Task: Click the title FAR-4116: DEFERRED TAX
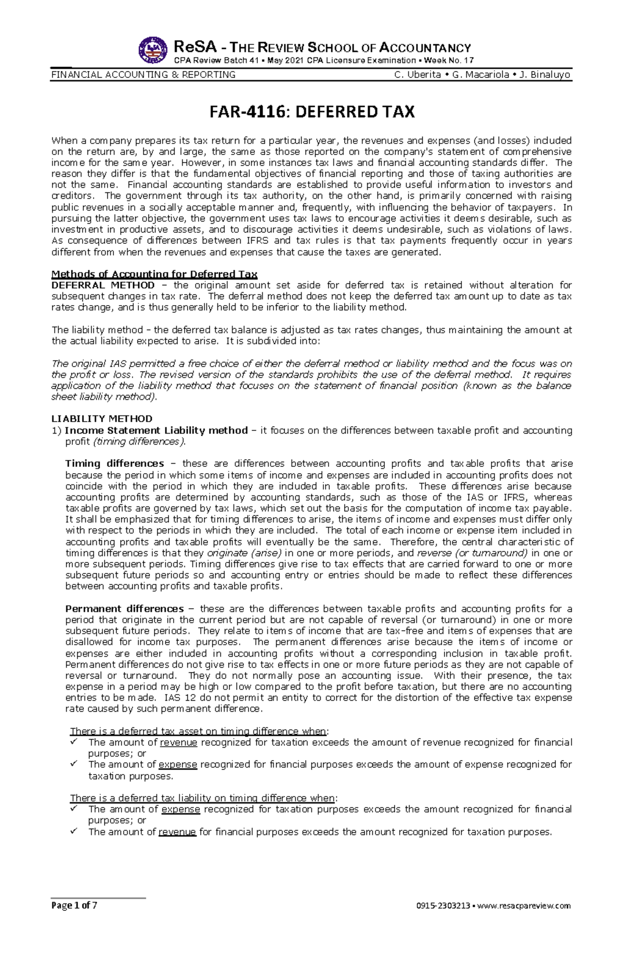311,112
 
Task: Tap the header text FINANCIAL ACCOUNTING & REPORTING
144,74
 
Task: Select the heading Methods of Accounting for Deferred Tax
154,274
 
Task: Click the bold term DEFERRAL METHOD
103,285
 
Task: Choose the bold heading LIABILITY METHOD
102,419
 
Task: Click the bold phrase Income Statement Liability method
156,430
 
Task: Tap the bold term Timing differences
114,463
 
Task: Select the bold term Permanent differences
124,608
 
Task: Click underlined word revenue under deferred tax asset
178,742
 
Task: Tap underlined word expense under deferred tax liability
180,809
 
